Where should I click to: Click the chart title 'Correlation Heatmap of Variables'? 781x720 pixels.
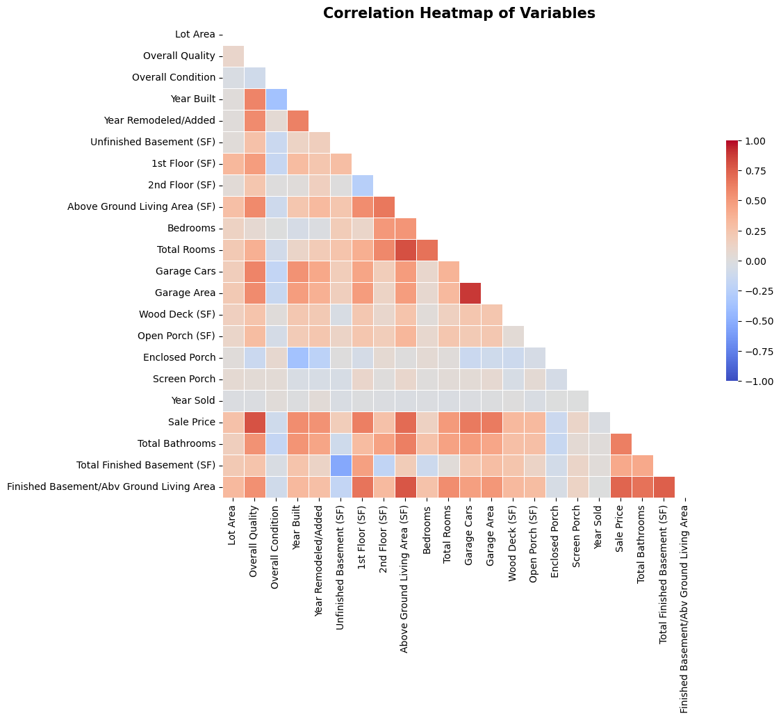coord(459,13)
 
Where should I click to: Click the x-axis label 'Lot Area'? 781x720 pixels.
coord(233,525)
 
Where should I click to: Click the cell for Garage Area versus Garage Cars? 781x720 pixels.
coord(470,293)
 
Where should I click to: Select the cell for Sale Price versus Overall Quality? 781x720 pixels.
coord(254,422)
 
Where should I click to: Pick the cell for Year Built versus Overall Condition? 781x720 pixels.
coord(276,99)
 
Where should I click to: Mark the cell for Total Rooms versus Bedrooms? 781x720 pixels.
coord(427,249)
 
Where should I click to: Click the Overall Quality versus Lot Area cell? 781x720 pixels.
coord(233,56)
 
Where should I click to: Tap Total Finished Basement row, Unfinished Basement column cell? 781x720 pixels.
coord(340,465)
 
